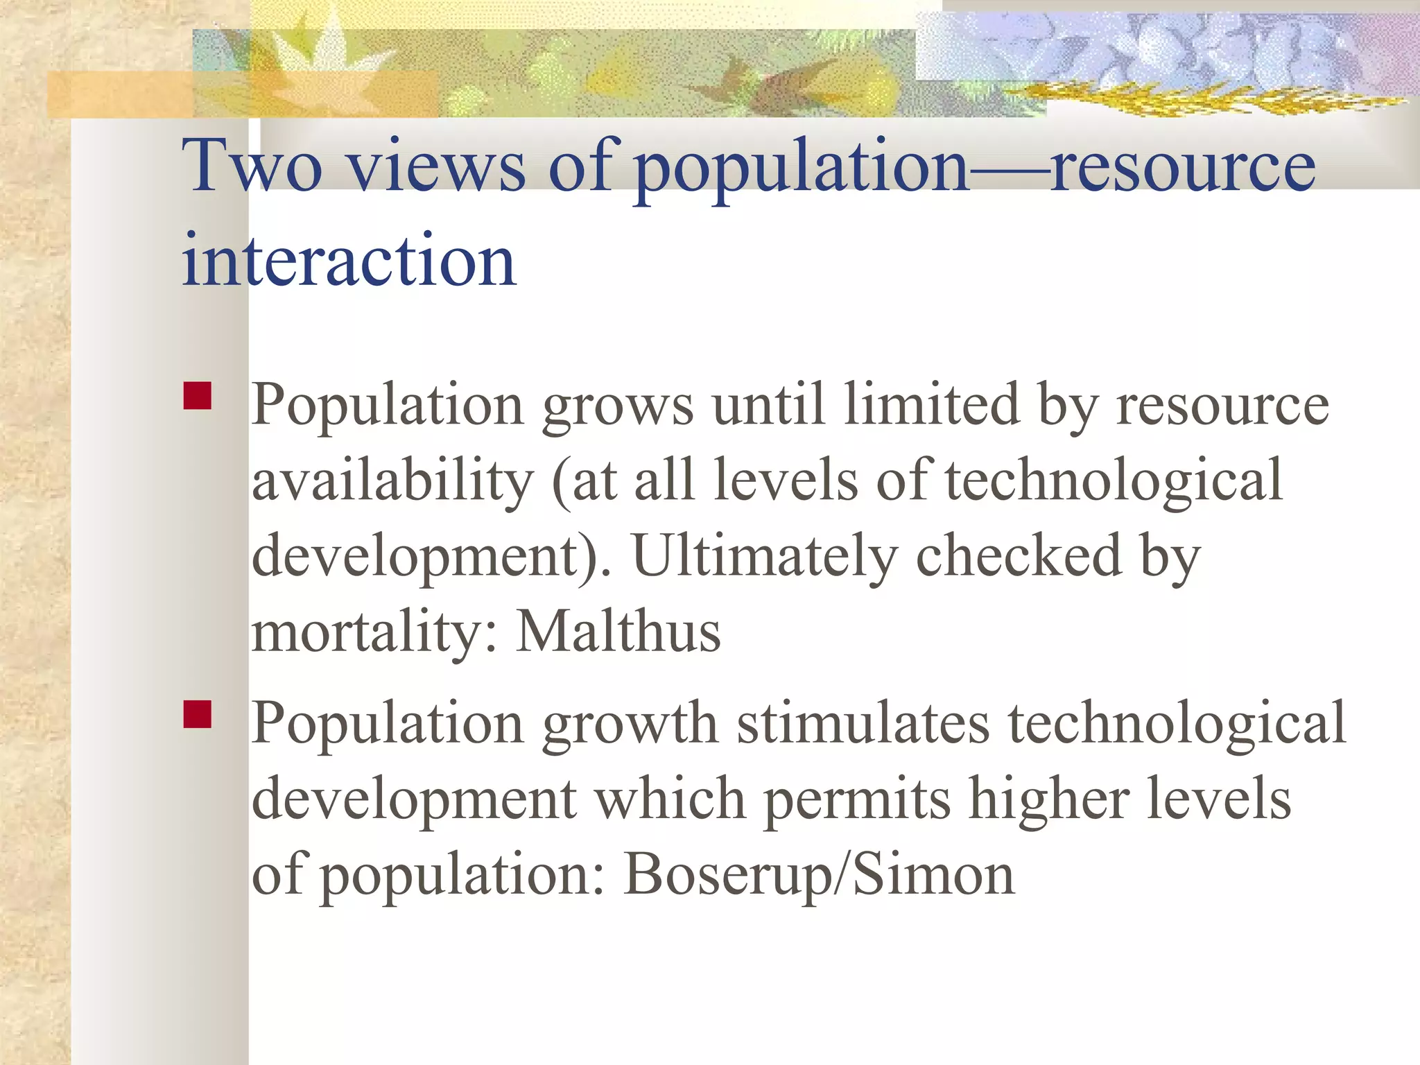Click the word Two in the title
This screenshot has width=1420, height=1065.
[x=252, y=166]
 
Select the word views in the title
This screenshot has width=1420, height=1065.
[x=435, y=166]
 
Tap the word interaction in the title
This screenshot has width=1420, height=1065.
[x=349, y=261]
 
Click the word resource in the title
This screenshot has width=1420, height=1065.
[x=1181, y=166]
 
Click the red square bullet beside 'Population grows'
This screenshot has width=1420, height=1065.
[x=198, y=396]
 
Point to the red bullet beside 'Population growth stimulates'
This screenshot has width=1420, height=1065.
[x=198, y=714]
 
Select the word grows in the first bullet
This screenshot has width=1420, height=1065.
[x=617, y=406]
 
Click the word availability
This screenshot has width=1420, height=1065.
[x=392, y=481]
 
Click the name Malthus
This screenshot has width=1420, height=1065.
[x=618, y=632]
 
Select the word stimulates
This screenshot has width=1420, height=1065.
[x=863, y=723]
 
